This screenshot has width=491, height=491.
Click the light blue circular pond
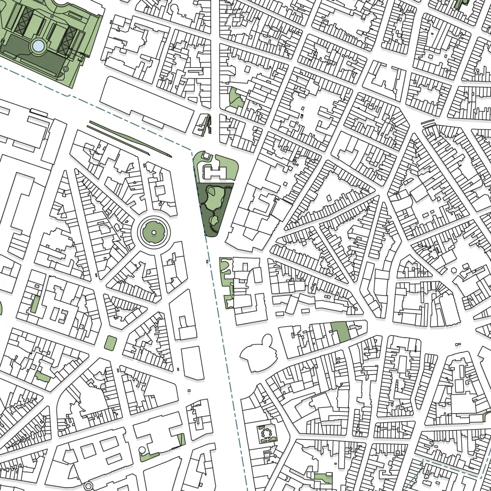[x=39, y=46]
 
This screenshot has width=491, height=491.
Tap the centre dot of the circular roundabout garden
[x=154, y=232]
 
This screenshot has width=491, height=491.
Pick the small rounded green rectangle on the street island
[x=111, y=343]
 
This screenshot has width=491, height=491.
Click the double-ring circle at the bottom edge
[x=88, y=486]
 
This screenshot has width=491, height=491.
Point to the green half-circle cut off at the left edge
[x=1, y=308]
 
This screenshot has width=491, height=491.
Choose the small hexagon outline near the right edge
[x=454, y=270]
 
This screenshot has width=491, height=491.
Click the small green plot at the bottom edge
[x=323, y=478]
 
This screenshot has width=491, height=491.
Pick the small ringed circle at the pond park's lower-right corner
[x=66, y=69]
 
